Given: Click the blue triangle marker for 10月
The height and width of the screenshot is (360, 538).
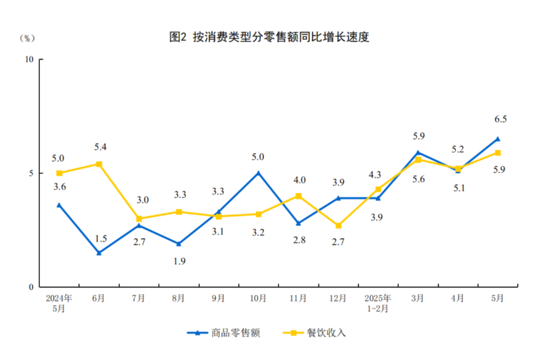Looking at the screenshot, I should [x=258, y=173].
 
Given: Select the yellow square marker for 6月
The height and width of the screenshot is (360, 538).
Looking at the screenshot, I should [x=99, y=164].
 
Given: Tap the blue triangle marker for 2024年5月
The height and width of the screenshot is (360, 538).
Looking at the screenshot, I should [x=59, y=205].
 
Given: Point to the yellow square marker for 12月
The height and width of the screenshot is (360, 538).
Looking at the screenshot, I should [x=339, y=225].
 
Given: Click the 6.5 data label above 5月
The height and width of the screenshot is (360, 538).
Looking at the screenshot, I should [x=500, y=119].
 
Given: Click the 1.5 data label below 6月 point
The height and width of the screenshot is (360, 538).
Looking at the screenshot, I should [x=101, y=239].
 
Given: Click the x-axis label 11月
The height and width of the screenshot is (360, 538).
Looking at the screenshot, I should [x=298, y=299].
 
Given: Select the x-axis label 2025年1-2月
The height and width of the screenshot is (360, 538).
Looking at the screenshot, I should [x=378, y=304].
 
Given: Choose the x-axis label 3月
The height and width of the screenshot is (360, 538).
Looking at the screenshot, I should [x=417, y=299].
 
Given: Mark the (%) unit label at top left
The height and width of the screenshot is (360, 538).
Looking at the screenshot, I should [x=27, y=38].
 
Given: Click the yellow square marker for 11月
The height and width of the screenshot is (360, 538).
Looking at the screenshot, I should [x=299, y=196].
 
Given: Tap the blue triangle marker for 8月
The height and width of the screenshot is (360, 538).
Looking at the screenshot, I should [x=178, y=244].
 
